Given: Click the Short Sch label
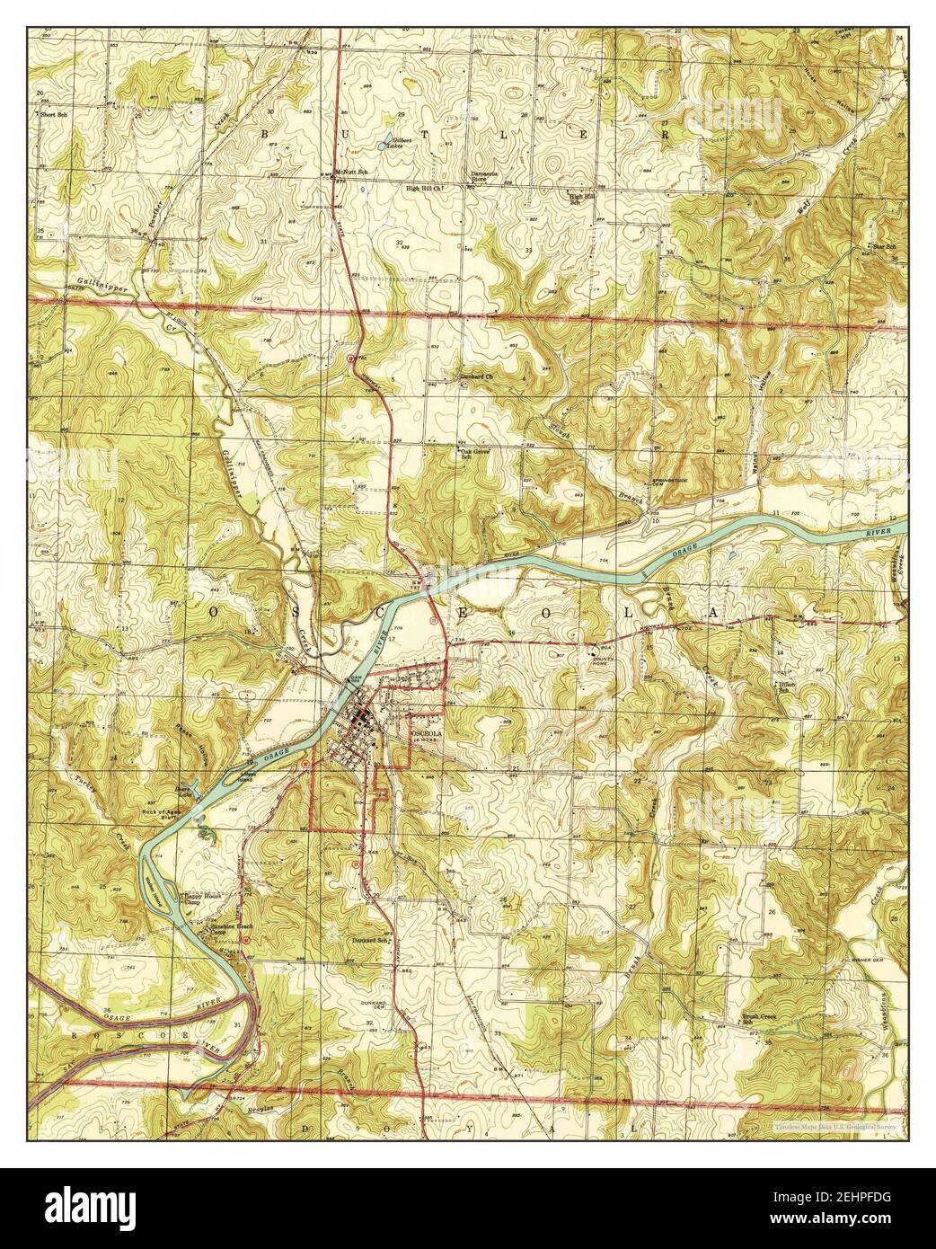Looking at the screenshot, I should tap(50, 115).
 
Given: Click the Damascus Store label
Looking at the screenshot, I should tap(485, 176).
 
